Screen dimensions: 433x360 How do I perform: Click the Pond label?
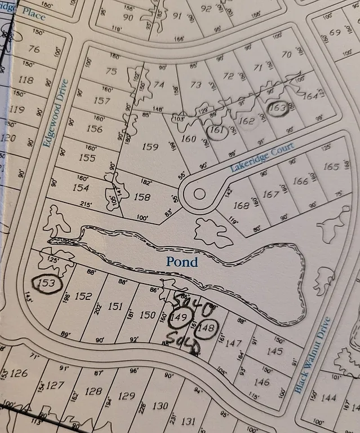pyautogui.click(x=182, y=262)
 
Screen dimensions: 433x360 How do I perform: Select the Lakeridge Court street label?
pyautogui.click(x=262, y=157)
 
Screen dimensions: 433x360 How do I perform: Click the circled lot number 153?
pyautogui.click(x=47, y=284)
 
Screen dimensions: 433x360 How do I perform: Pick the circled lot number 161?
pyautogui.click(x=216, y=131)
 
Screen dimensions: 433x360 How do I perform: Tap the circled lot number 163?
pyautogui.click(x=278, y=108)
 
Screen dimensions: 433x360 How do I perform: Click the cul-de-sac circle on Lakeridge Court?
pyautogui.click(x=199, y=194)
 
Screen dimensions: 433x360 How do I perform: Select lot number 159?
pyautogui.click(x=150, y=147)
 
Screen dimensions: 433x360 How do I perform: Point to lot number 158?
pyautogui.click(x=142, y=197)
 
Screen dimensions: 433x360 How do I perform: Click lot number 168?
pyautogui.click(x=241, y=206)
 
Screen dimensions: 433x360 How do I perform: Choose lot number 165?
pyautogui.click(x=331, y=167)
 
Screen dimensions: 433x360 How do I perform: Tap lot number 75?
pyautogui.click(x=111, y=71)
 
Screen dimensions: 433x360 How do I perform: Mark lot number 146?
pyautogui.click(x=261, y=382)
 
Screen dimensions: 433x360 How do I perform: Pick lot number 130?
pyautogui.click(x=160, y=405)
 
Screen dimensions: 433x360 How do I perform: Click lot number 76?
pyautogui.click(x=34, y=50)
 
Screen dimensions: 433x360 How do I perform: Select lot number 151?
pyautogui.click(x=115, y=306)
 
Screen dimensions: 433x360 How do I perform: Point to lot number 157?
pyautogui.click(x=101, y=100)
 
